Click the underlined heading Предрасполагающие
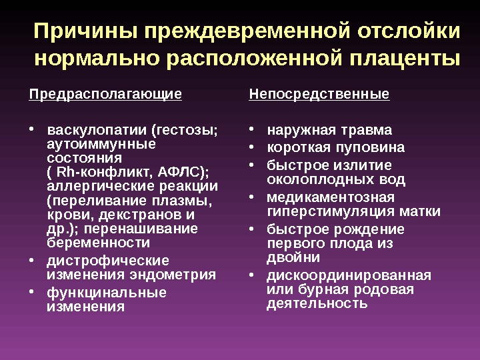(x=105, y=95)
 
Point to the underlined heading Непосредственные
(x=319, y=95)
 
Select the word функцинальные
(x=107, y=293)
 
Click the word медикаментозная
(x=330, y=198)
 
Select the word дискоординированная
(x=349, y=276)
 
